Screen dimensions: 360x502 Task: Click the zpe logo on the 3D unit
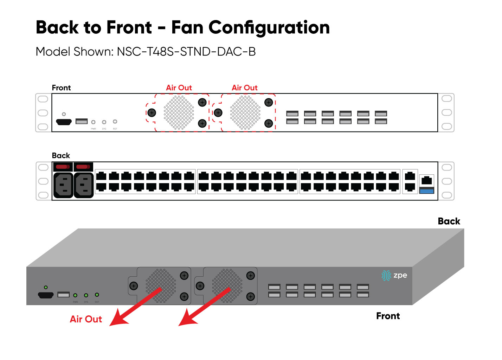(394, 275)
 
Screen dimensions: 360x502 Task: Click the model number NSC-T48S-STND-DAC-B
(186, 52)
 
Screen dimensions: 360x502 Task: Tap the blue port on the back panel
(427, 191)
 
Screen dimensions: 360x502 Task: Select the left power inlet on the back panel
(63, 185)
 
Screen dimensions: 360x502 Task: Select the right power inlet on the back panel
(84, 185)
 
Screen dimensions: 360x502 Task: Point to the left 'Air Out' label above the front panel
(179, 88)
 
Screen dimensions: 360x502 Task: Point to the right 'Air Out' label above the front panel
(245, 88)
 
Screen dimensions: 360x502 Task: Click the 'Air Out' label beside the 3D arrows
(86, 319)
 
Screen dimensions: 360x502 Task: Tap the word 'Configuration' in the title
(269, 27)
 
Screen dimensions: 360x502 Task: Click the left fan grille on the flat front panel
(179, 112)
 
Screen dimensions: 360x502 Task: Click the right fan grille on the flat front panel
(245, 112)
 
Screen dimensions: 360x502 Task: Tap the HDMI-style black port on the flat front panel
(64, 122)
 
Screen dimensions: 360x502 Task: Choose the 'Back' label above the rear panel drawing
(61, 155)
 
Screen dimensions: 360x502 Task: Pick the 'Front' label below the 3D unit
(388, 316)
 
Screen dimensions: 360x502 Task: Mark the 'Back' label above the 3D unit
(449, 221)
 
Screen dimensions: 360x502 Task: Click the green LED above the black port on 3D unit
(46, 287)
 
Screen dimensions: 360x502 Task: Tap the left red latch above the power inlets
(63, 167)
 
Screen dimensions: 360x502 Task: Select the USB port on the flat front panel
(82, 121)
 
